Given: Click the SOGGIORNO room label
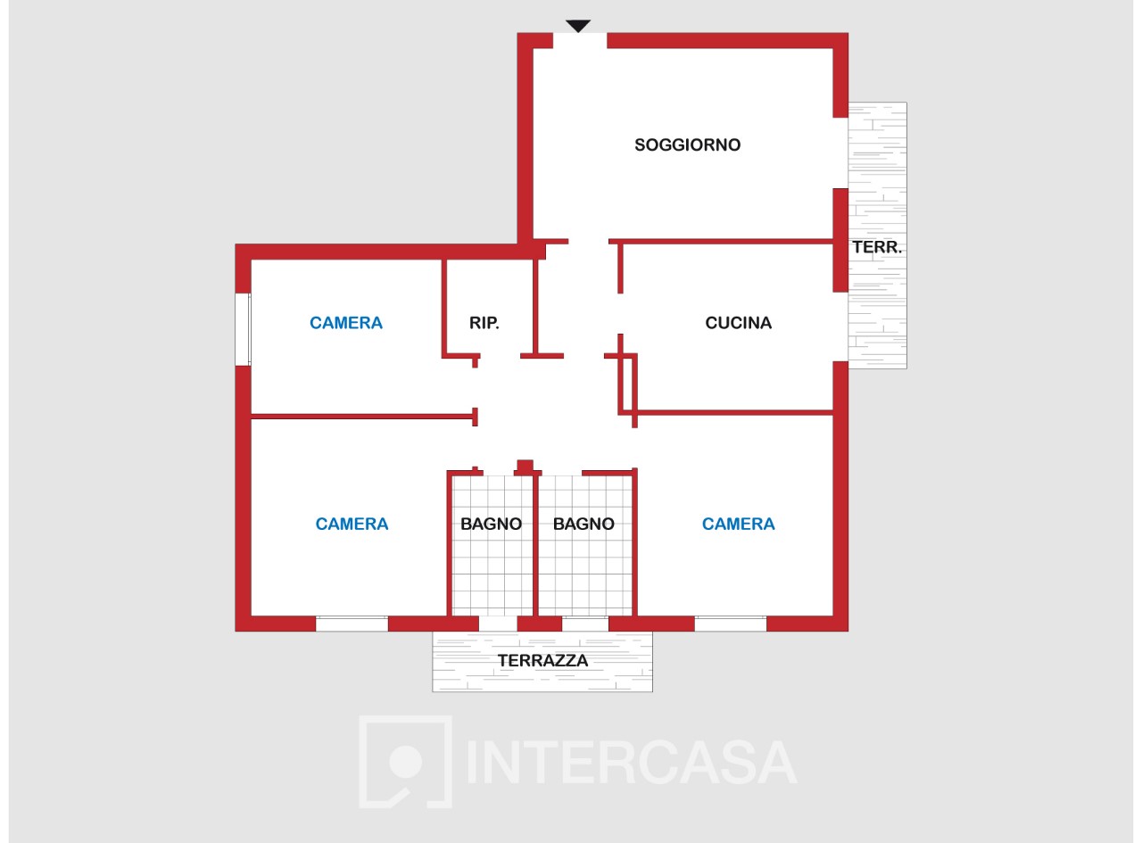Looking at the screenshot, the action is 687,145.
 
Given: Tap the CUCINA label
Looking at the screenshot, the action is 739,323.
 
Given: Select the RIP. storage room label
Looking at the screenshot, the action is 484,323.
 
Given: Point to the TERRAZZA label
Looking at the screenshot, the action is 542,661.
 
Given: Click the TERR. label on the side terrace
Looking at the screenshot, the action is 877,247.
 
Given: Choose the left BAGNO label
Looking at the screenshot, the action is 492,524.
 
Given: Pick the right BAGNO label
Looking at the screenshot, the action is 583,524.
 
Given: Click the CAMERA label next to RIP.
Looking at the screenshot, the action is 346,323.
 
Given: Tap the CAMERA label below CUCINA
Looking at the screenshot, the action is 739,524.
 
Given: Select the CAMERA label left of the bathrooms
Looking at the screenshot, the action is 352,524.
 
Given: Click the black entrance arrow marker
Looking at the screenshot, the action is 578,26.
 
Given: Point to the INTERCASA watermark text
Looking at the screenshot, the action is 632,763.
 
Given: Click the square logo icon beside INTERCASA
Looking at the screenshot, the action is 406,762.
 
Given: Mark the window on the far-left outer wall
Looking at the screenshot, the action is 243,329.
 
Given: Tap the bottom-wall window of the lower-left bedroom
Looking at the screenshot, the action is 352,624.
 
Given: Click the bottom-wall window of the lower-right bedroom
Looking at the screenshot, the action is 731,624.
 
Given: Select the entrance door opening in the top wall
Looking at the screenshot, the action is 580,41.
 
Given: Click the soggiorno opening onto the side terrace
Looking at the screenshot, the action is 840,153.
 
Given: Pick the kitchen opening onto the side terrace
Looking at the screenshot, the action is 840,326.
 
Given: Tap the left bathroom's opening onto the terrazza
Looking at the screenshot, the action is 498,624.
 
